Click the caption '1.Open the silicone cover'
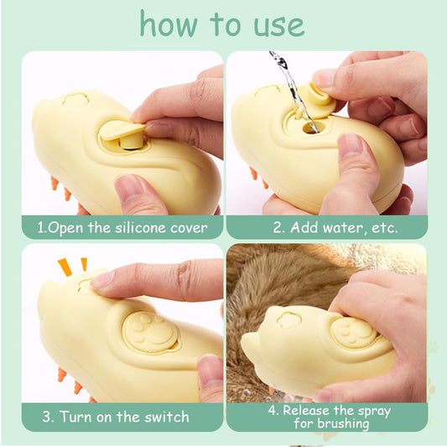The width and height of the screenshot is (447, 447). point(122,227)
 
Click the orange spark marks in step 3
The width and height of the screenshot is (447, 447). point(72,268)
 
